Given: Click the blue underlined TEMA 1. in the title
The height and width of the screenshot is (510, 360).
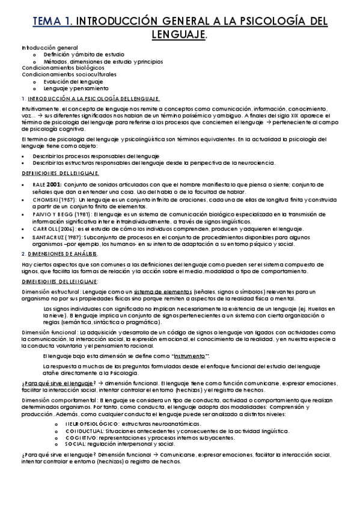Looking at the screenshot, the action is (52, 22).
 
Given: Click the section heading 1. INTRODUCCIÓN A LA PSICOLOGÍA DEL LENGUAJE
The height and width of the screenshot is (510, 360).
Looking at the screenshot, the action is (91, 98).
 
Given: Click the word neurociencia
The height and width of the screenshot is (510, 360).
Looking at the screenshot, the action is (255, 162).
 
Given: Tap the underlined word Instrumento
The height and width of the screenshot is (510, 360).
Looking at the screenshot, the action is (190, 357).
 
